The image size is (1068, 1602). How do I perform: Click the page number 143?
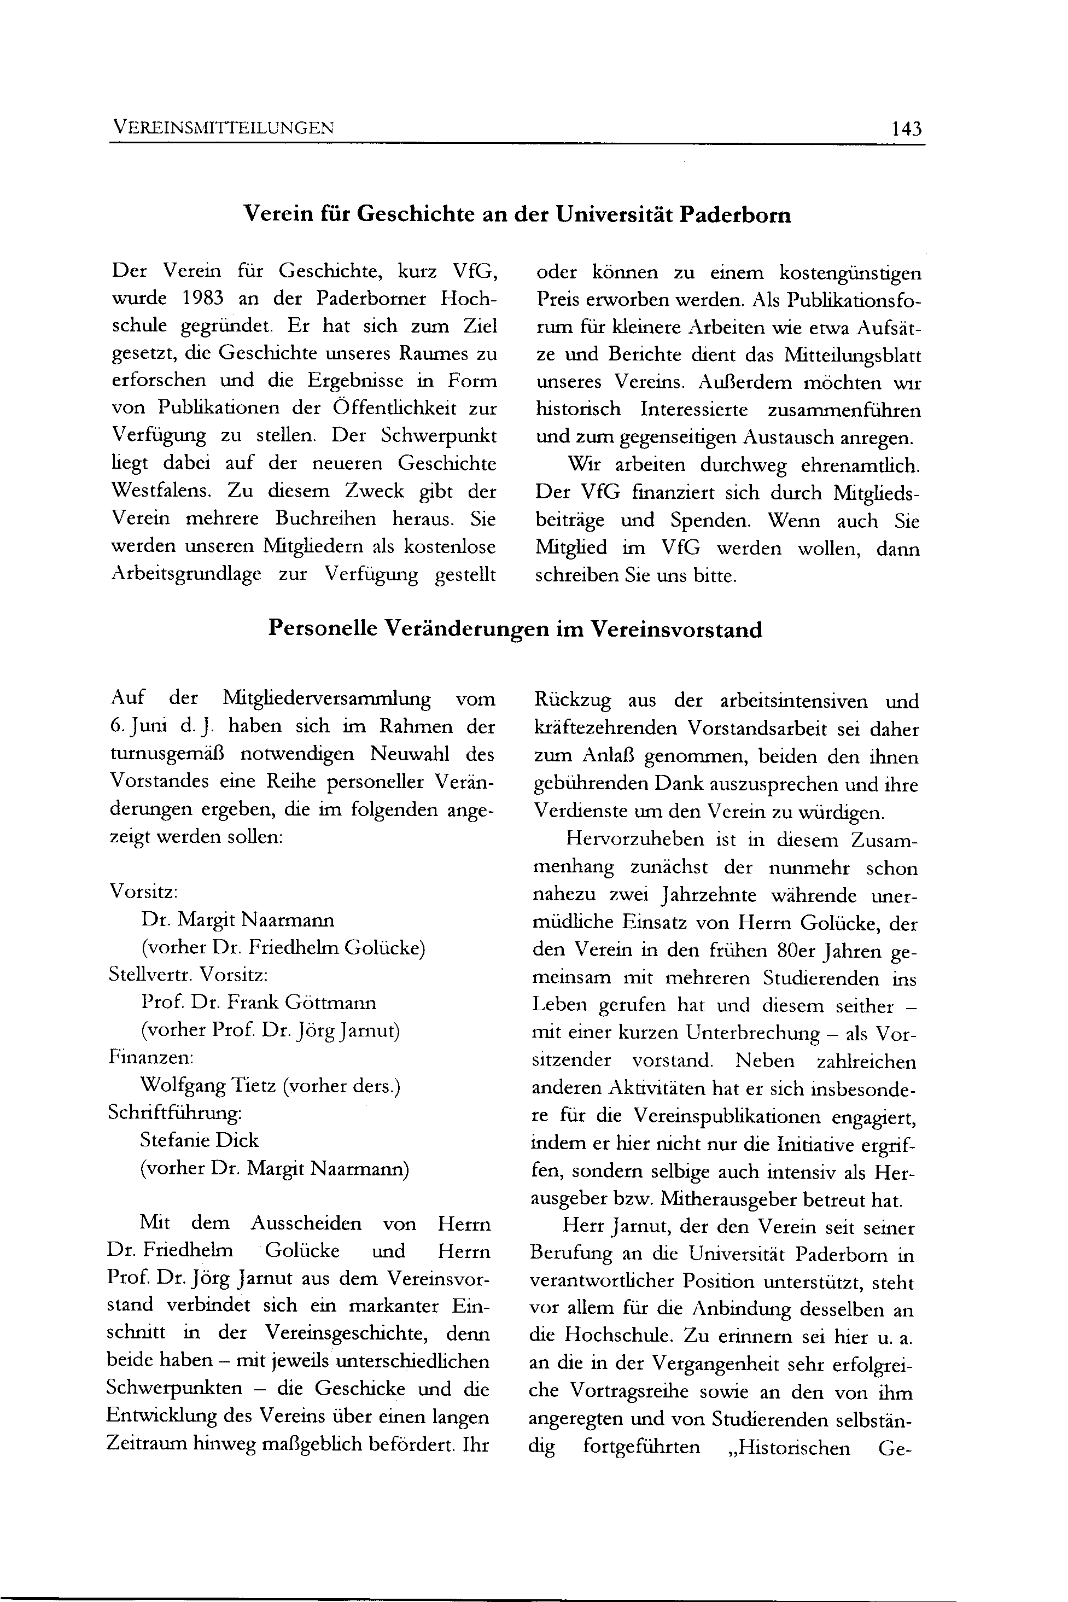coord(906,128)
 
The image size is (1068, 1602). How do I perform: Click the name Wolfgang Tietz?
coord(207,1085)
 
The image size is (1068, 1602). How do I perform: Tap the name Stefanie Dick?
coord(200,1140)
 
